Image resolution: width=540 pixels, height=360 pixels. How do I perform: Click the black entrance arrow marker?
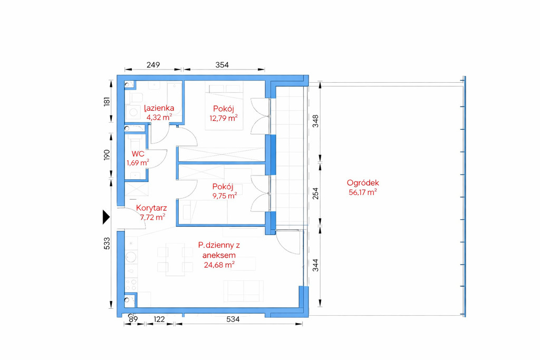click(x=106, y=217)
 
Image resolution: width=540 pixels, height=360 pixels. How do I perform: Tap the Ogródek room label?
click(x=363, y=183)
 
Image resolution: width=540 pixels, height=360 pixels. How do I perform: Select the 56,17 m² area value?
click(x=363, y=192)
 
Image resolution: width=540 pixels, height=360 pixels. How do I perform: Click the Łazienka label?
click(x=159, y=108)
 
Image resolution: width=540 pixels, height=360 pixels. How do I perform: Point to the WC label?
click(x=138, y=153)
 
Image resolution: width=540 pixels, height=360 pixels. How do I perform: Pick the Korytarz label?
click(x=151, y=208)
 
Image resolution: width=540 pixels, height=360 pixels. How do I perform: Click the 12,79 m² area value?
click(x=224, y=118)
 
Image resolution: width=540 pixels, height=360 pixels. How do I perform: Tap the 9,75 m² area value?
click(x=225, y=196)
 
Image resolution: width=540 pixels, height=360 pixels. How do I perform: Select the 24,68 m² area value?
click(x=219, y=265)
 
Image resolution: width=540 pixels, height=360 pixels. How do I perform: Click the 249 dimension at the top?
click(x=153, y=65)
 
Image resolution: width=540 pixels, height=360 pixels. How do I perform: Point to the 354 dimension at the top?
click(x=222, y=65)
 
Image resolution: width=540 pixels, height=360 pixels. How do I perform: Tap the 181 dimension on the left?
click(x=107, y=102)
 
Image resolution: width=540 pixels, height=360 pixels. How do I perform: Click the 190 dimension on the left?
click(x=107, y=155)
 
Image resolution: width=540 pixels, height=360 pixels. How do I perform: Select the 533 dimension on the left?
click(x=107, y=244)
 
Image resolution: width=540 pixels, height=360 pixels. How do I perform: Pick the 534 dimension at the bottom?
click(x=233, y=319)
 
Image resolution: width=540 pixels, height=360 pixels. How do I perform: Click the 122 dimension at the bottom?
click(x=159, y=319)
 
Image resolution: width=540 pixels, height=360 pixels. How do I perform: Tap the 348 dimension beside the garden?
click(x=315, y=121)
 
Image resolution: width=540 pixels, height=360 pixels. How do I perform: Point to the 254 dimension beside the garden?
click(x=315, y=193)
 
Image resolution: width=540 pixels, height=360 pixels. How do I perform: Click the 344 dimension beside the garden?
click(x=315, y=265)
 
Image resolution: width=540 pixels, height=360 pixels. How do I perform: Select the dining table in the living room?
click(x=175, y=259)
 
